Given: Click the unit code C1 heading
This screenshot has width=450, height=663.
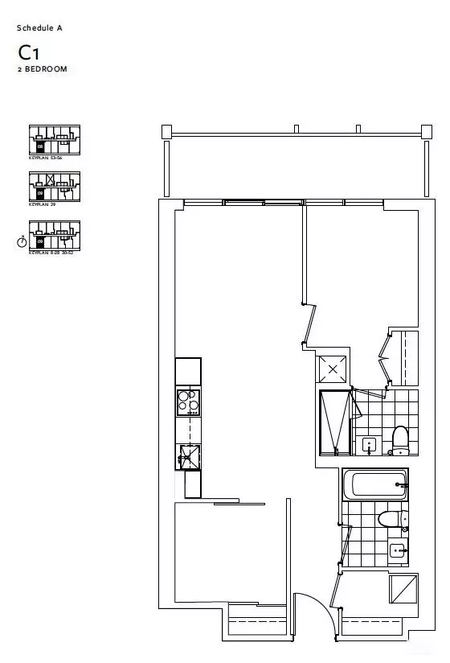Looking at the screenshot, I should [29, 53].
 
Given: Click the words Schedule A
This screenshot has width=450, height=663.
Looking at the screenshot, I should [39, 28].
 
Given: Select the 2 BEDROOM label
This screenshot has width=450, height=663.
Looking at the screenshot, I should [42, 70].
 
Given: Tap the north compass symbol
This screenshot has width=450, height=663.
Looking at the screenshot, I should [22, 242].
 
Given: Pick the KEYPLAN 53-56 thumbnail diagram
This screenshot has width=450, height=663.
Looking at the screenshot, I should [54, 139].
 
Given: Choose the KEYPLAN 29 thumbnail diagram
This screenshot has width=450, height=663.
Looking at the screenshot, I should [54, 186].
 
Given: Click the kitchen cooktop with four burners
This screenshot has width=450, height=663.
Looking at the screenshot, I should [188, 401].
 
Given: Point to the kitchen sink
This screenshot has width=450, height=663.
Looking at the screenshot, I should [188, 456].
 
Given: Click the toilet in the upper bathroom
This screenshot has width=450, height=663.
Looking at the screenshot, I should [399, 439].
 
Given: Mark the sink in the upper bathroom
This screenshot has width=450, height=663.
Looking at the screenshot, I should [370, 444].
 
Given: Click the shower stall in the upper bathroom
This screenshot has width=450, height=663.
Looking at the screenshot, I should [335, 421].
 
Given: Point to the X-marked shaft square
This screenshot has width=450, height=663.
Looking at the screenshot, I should [333, 369].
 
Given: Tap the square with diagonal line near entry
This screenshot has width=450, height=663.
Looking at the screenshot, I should [403, 590].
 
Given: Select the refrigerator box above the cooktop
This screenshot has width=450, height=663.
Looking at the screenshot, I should [188, 371].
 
